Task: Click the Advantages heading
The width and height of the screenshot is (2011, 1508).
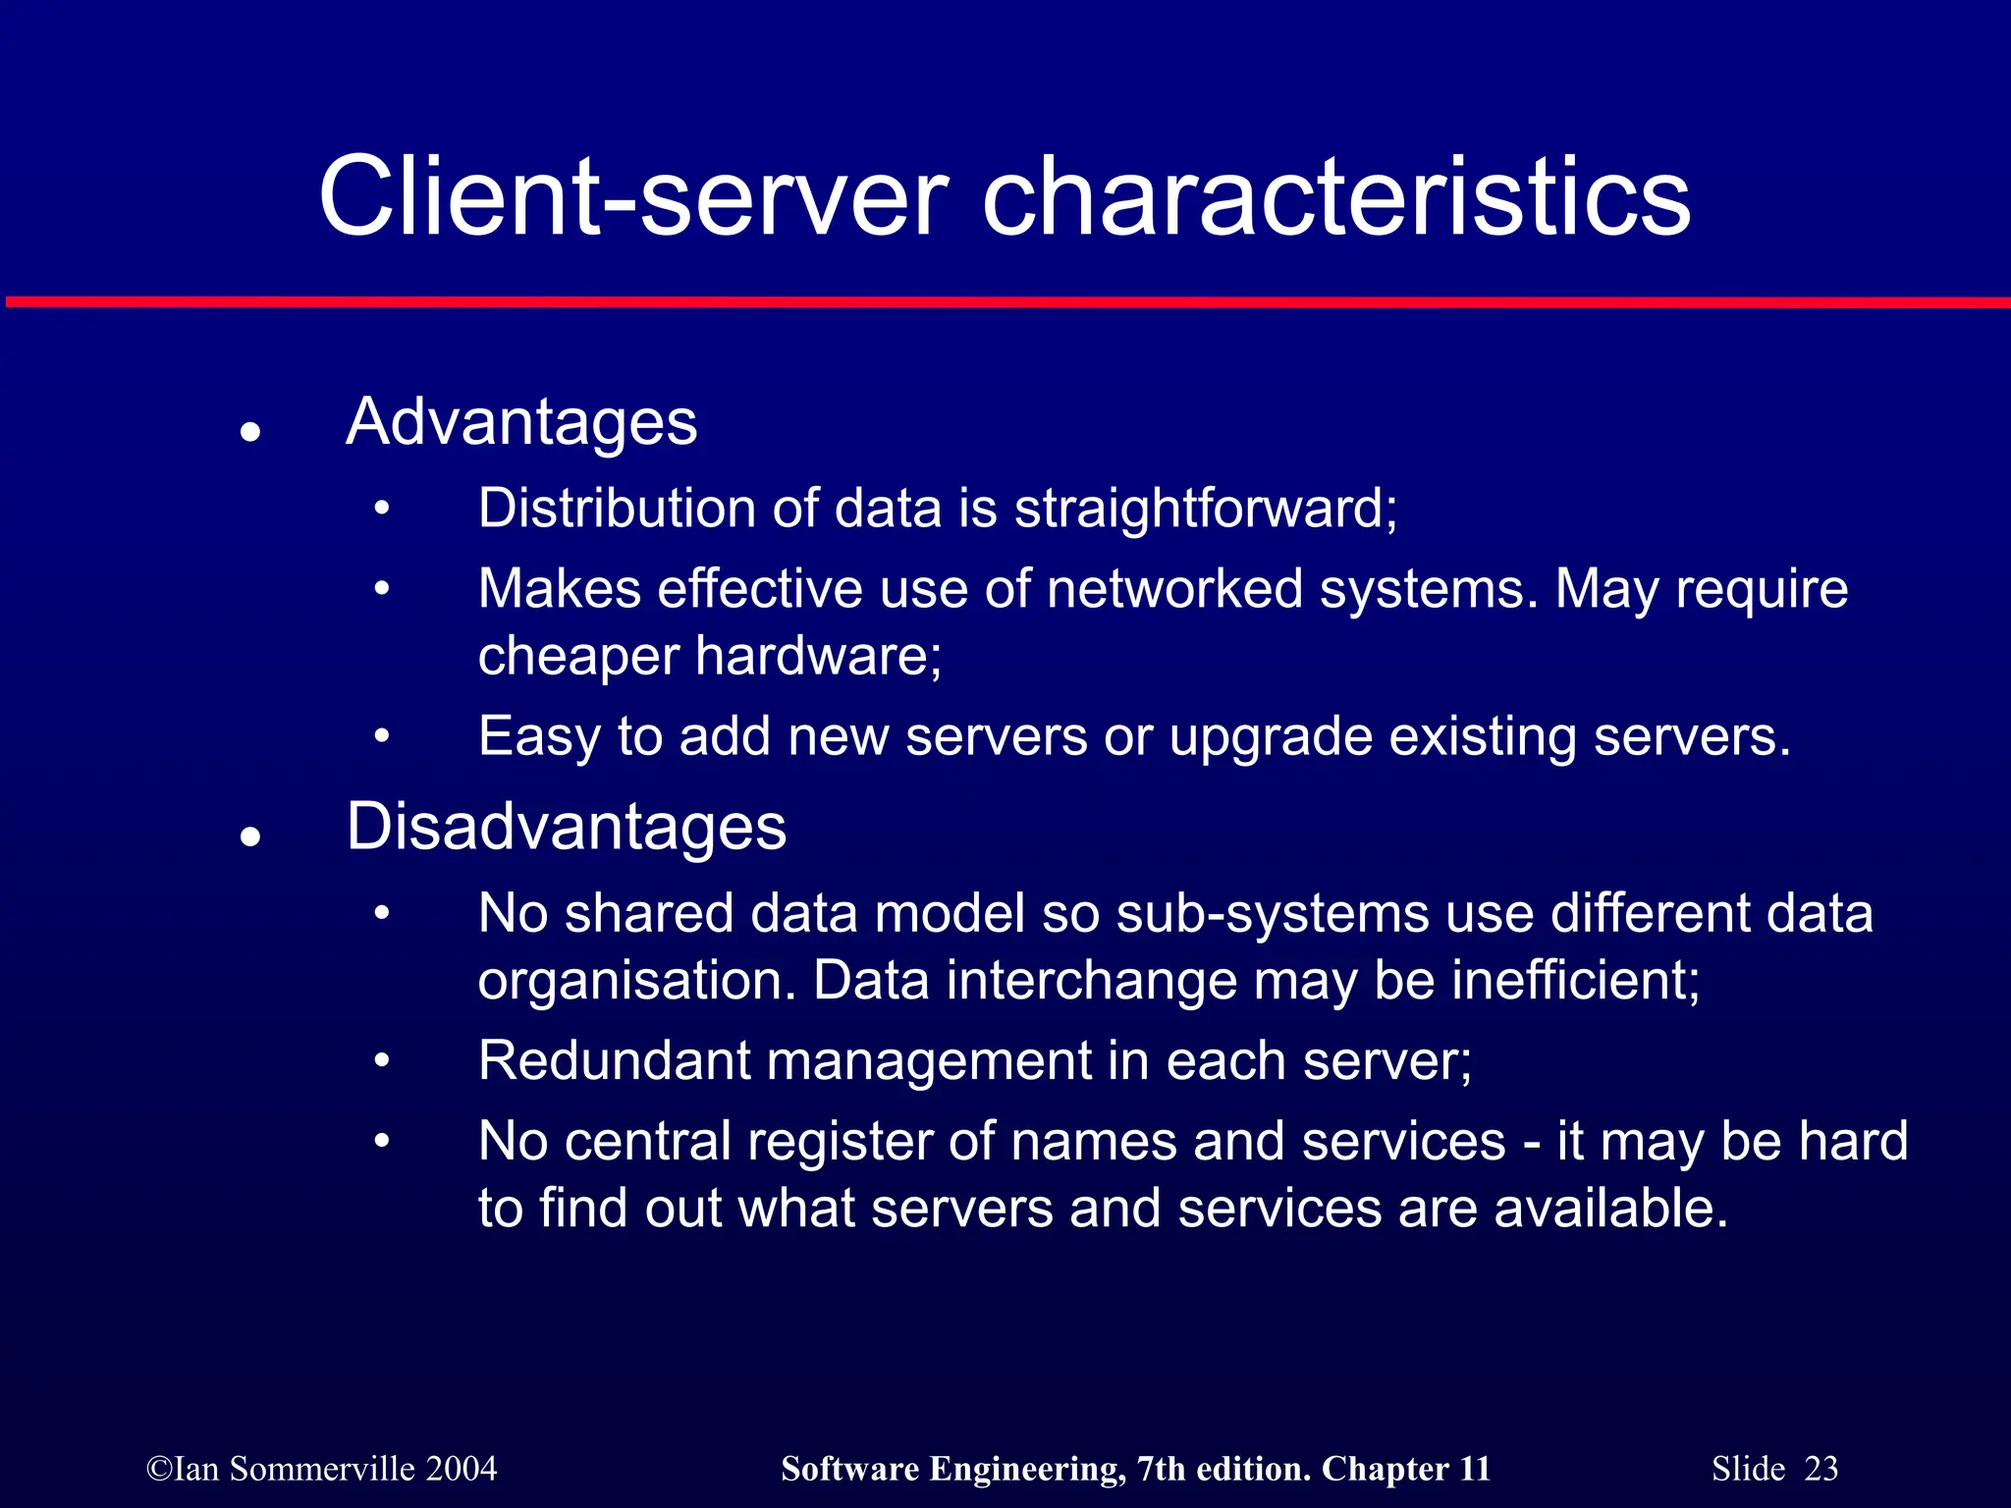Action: point(521,423)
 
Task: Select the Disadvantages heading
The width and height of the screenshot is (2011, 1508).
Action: point(567,827)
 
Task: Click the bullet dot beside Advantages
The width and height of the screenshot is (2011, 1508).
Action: point(250,431)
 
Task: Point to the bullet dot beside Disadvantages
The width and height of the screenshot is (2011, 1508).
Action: point(250,835)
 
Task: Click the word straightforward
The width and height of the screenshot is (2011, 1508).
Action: point(1205,509)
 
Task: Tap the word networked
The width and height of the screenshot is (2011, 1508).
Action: point(1173,589)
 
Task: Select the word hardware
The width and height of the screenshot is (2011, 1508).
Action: point(818,656)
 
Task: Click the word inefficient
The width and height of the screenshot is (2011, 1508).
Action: point(1575,981)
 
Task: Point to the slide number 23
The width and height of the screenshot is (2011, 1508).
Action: point(1821,1468)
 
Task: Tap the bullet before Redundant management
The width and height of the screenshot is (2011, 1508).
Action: point(382,1061)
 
